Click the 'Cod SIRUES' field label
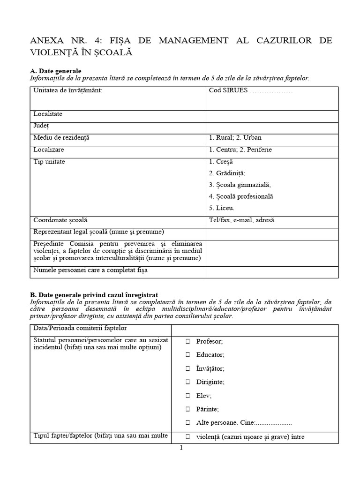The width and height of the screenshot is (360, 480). pyautogui.click(x=251, y=90)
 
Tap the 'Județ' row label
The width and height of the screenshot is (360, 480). pyautogui.click(x=41, y=126)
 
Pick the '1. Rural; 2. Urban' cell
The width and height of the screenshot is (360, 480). pyautogui.click(x=235, y=138)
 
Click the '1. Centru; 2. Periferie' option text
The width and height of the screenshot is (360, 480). pyautogui.click(x=240, y=150)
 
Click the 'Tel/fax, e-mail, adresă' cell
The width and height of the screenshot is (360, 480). pyautogui.click(x=241, y=220)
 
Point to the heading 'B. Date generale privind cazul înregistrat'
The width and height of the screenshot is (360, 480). pyautogui.click(x=94, y=294)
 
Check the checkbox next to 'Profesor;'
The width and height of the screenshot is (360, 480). pyautogui.click(x=187, y=341)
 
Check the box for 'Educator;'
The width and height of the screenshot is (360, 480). pyautogui.click(x=187, y=355)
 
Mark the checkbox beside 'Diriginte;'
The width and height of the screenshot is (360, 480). pyautogui.click(x=187, y=382)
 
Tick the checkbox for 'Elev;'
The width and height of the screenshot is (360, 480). pyautogui.click(x=187, y=396)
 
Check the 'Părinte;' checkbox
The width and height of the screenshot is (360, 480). pyautogui.click(x=187, y=409)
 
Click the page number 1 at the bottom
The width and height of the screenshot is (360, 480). pyautogui.click(x=181, y=448)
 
